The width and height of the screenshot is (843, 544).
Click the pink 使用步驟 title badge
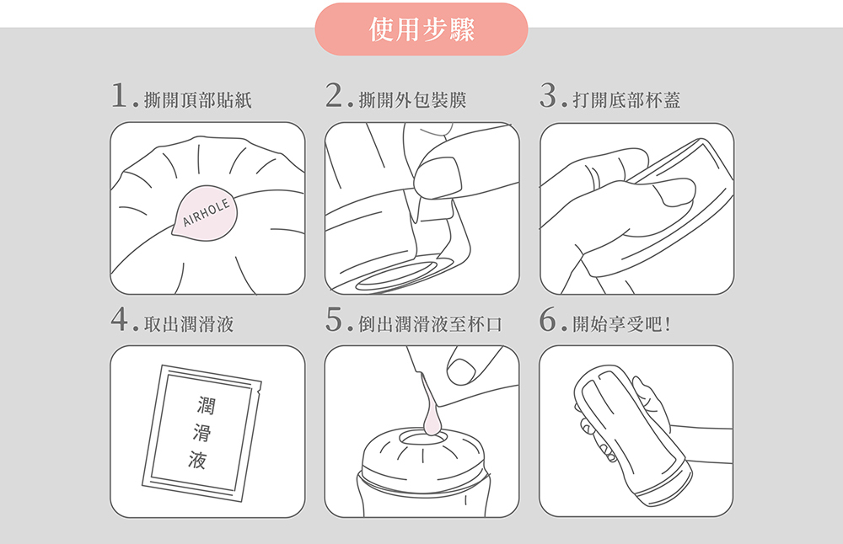tap(421, 29)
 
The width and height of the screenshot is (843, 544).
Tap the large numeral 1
tap(119, 96)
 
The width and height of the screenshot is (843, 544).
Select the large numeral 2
tap(334, 96)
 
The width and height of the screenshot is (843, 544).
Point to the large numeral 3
tap(549, 96)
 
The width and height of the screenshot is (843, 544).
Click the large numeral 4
tap(120, 319)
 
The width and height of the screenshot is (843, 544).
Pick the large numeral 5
tap(334, 319)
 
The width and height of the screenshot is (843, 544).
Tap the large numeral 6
tap(549, 319)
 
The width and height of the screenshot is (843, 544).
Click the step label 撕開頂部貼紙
tap(198, 100)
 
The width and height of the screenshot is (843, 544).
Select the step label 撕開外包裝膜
tap(412, 100)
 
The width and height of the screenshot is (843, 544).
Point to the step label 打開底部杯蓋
tap(627, 100)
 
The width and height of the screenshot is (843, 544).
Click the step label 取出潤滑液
tap(189, 324)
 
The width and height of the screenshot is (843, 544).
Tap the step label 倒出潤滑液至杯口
tap(430, 324)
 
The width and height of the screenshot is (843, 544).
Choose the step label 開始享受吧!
tap(621, 324)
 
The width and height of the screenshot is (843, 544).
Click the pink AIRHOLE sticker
tap(205, 213)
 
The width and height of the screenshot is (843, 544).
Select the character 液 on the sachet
tap(197, 460)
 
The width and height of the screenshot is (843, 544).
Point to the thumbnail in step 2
tap(438, 178)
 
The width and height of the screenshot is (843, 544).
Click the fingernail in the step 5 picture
tap(461, 371)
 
